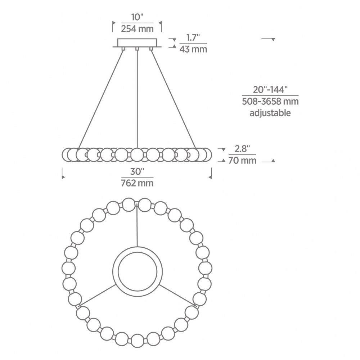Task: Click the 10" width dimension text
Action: [x=137, y=17]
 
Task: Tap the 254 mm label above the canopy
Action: [x=137, y=29]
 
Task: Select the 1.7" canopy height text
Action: [x=193, y=37]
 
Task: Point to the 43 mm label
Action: [x=193, y=49]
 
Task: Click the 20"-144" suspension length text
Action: [x=270, y=90]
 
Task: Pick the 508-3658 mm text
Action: [x=270, y=101]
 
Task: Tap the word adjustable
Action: [x=270, y=113]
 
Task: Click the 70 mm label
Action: [x=242, y=161]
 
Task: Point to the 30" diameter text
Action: [x=137, y=171]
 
